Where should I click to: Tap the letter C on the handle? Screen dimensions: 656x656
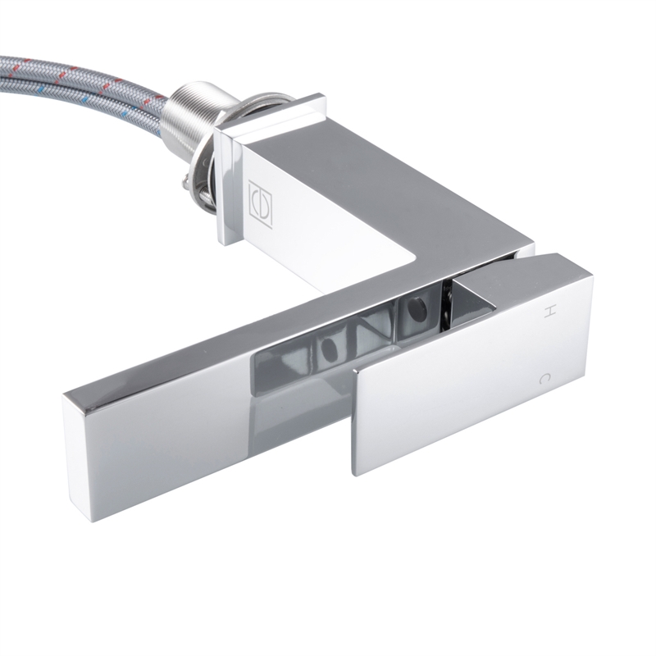[544, 379]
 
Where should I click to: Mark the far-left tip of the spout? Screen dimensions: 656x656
[67, 402]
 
